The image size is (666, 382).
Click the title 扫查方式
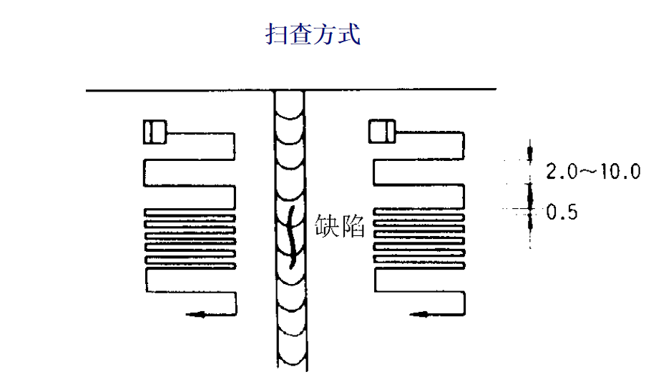click(x=313, y=33)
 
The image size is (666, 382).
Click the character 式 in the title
click(x=348, y=33)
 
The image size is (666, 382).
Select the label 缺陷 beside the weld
click(x=340, y=227)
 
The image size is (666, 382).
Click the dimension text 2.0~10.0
click(x=593, y=172)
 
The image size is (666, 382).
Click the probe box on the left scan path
click(x=154, y=132)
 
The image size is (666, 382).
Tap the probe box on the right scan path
click(x=381, y=132)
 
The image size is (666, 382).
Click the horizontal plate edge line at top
click(x=179, y=90)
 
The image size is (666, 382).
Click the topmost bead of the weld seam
click(x=292, y=104)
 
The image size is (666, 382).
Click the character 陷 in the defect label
click(x=353, y=227)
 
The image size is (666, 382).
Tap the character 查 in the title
click(x=301, y=33)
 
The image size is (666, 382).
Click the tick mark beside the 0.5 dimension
click(x=530, y=209)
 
